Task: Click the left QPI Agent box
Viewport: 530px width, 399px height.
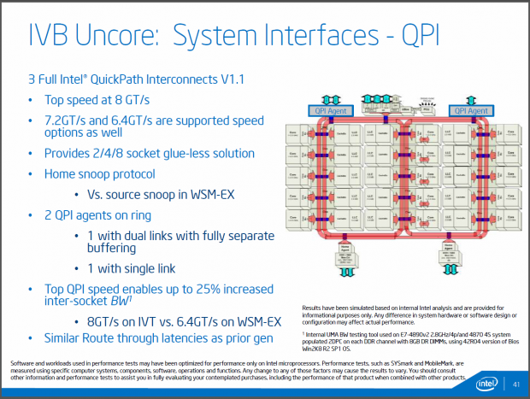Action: click(328, 111)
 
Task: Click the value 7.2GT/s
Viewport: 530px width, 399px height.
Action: click(65, 118)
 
